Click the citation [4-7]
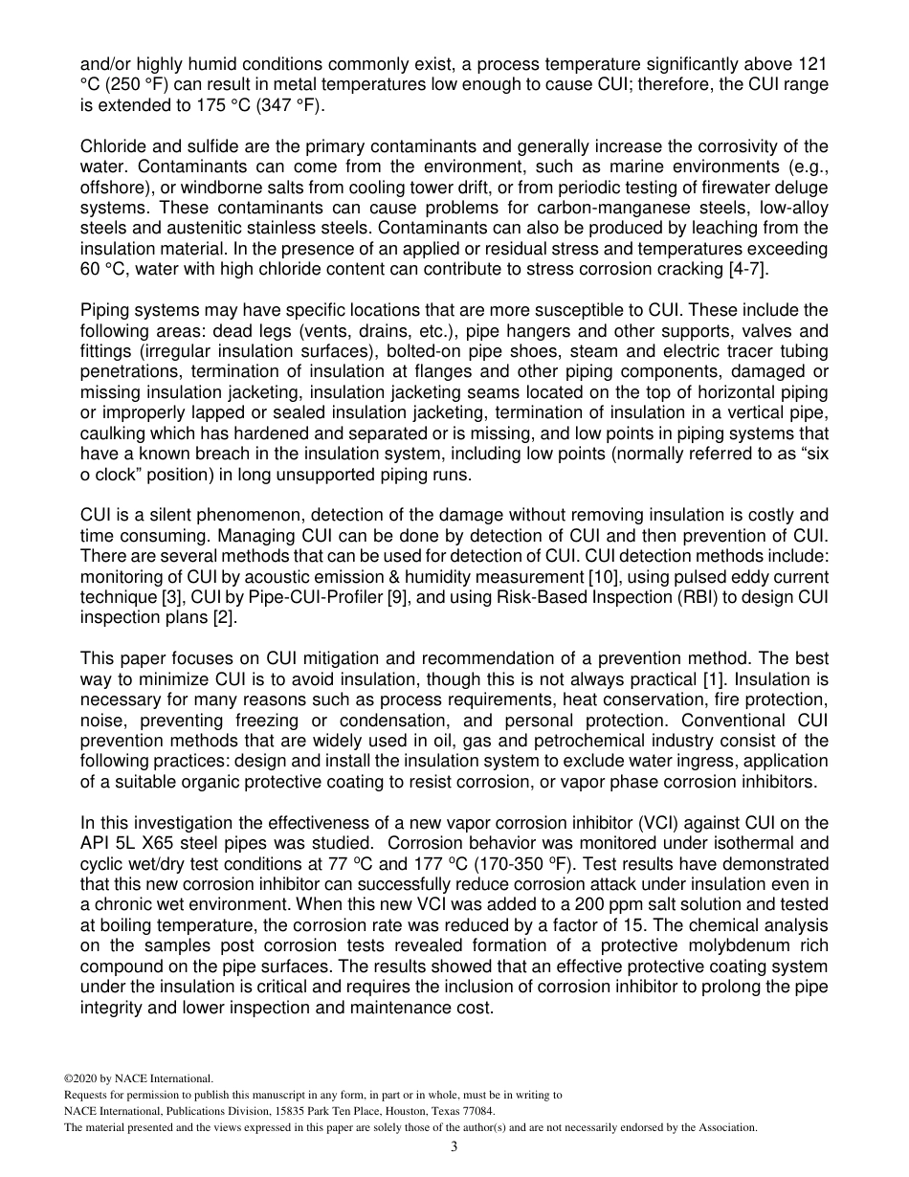click(x=747, y=271)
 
